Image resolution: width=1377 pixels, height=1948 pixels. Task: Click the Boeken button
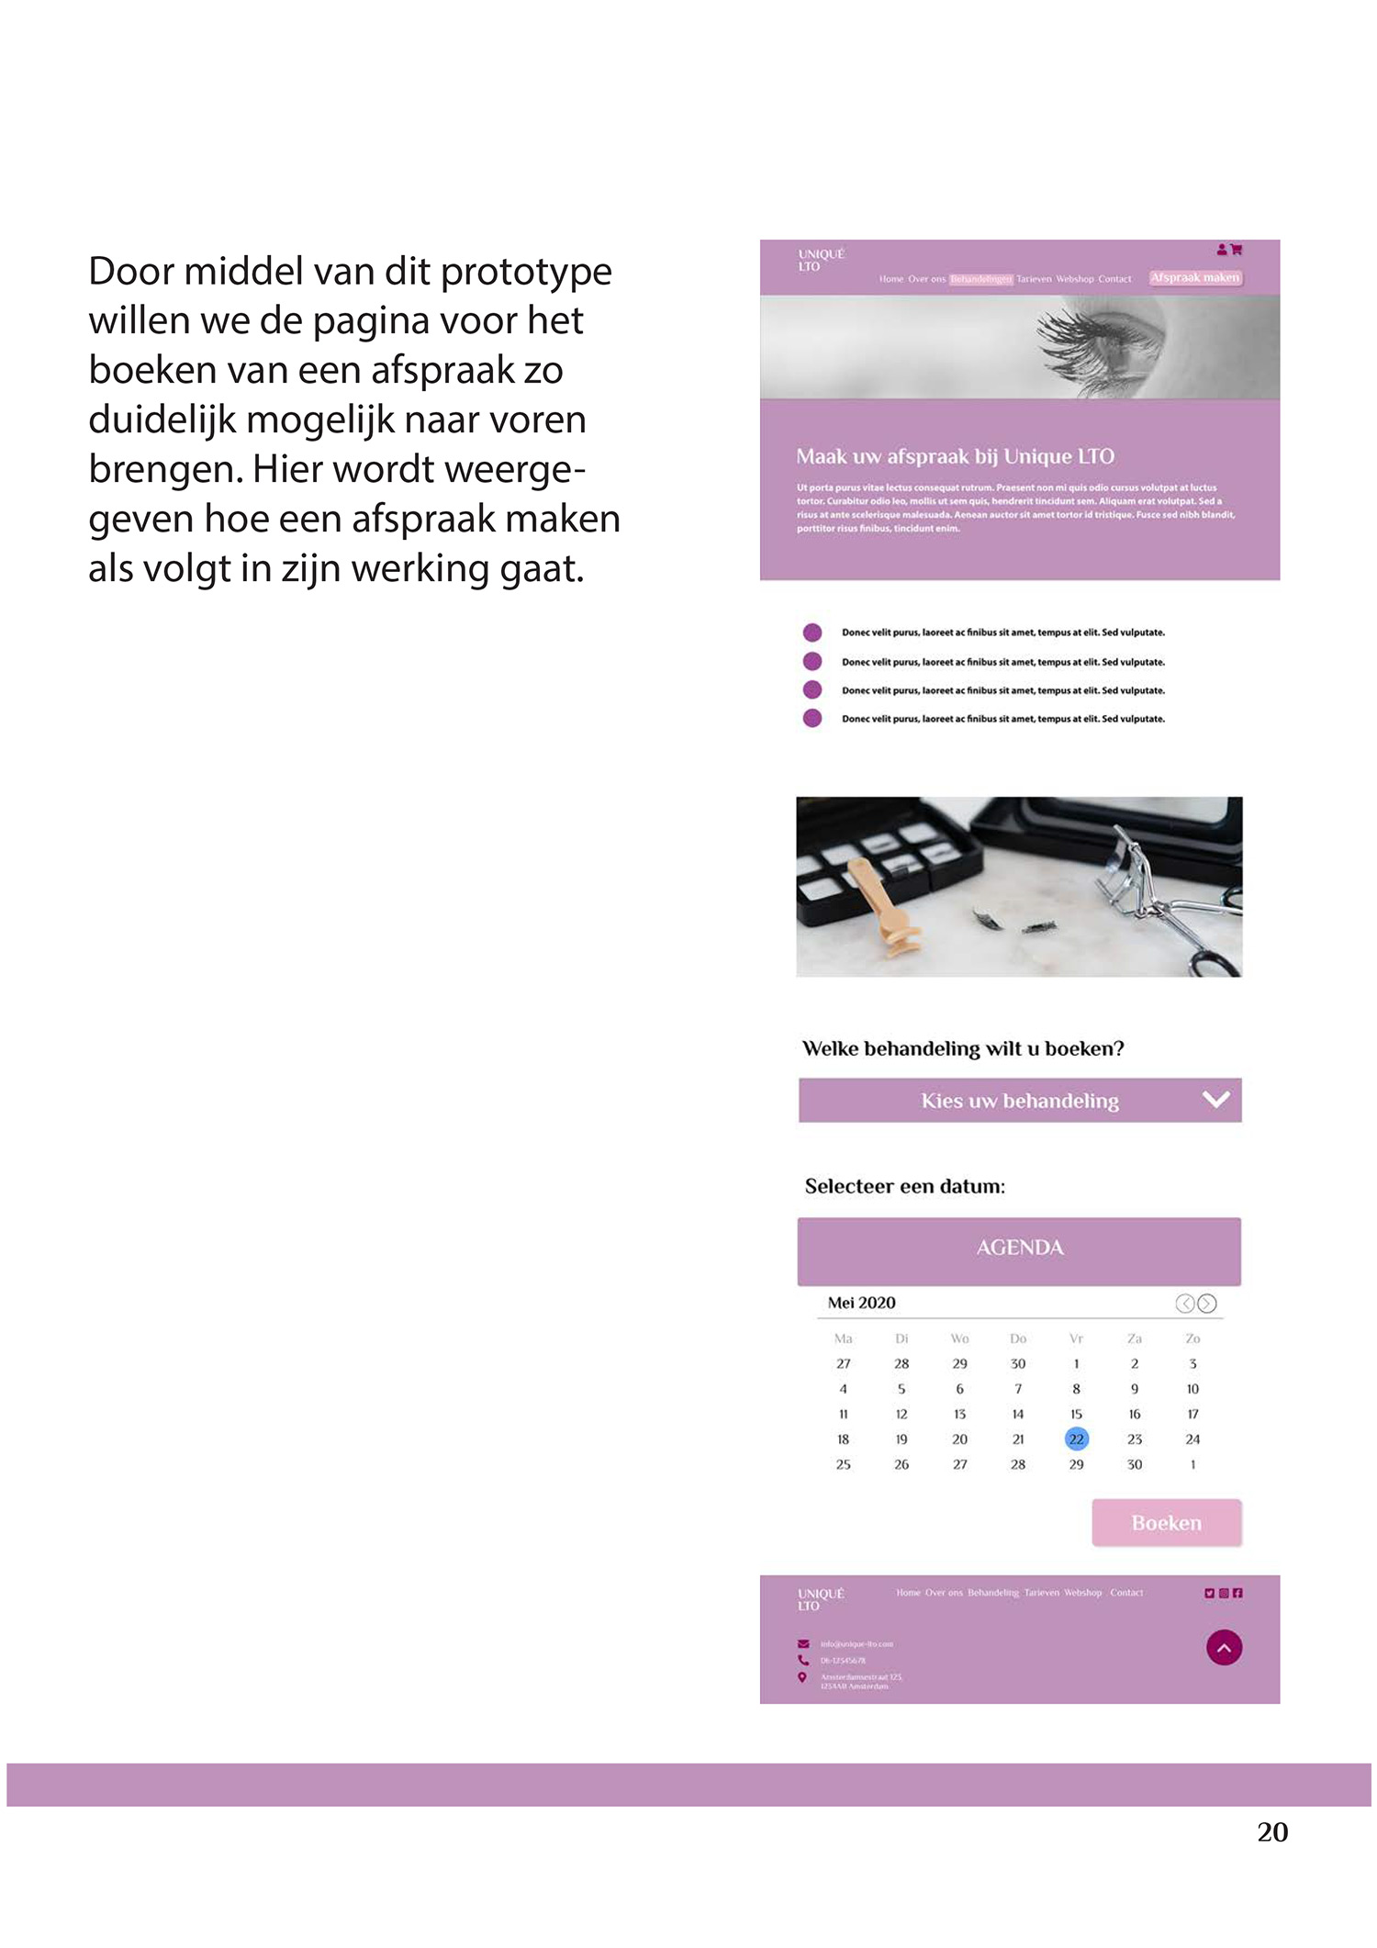[x=1166, y=1523]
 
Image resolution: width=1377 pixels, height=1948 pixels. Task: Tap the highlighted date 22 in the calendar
[x=1076, y=1439]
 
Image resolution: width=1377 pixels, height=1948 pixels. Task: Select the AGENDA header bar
[x=1019, y=1249]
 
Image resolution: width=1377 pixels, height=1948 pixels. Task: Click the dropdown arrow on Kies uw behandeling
[x=1215, y=1099]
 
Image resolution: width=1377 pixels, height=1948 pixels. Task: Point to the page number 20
[x=1272, y=1831]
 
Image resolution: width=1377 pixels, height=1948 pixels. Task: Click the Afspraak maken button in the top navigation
[x=1195, y=277]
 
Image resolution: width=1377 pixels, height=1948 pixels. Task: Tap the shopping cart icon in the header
[x=1237, y=249]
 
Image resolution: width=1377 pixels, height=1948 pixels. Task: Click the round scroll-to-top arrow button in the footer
[x=1224, y=1648]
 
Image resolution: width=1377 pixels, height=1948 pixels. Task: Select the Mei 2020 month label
[x=861, y=1303]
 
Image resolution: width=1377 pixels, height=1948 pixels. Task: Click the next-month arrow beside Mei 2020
[x=1207, y=1304]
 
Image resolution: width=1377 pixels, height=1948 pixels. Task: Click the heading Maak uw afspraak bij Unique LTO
[x=955, y=456]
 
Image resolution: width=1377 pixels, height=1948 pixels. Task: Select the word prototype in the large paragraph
[x=526, y=272]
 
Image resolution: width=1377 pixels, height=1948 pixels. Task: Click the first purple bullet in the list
[x=812, y=633]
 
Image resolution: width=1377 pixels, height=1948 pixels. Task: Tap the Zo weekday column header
[x=1192, y=1338]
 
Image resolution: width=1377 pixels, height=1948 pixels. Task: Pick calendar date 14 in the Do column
[x=1018, y=1414]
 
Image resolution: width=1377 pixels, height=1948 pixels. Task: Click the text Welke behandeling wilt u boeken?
[x=963, y=1048]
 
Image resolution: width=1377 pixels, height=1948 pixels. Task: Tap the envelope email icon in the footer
[x=803, y=1643]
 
